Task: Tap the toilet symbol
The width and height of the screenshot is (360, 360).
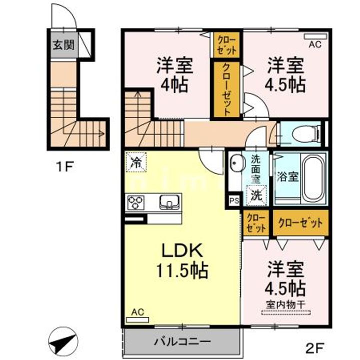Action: click(x=307, y=133)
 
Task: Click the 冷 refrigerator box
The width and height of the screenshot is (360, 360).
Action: click(x=136, y=162)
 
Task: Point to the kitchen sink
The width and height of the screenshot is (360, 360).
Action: click(x=169, y=202)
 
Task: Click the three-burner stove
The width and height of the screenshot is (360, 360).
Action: click(x=136, y=202)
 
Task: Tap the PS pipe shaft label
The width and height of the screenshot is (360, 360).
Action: click(x=234, y=200)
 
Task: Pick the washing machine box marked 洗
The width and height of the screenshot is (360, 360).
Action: click(x=256, y=195)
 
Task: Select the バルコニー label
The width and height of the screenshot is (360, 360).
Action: click(x=182, y=342)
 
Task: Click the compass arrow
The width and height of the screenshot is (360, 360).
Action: click(x=62, y=341)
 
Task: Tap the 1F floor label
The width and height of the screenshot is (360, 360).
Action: click(x=64, y=166)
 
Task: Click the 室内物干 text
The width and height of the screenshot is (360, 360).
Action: click(x=285, y=305)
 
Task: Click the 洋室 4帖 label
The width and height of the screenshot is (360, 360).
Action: click(x=174, y=75)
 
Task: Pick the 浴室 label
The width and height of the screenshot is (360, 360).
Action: click(x=287, y=176)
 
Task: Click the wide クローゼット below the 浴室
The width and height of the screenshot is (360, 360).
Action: click(x=301, y=222)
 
